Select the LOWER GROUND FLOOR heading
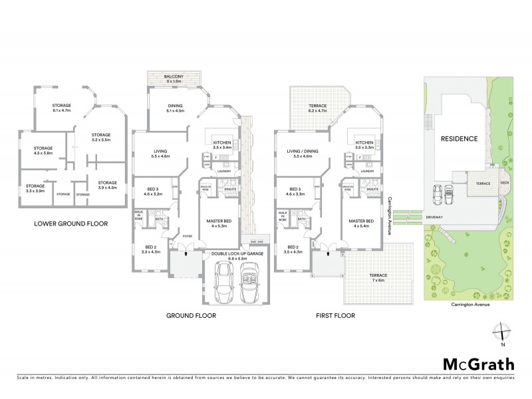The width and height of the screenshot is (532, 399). pos(71,224)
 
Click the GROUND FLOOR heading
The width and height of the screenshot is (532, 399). pos(191,316)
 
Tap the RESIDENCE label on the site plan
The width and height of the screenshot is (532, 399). pos(459,139)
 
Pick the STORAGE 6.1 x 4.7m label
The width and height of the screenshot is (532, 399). pos(62,108)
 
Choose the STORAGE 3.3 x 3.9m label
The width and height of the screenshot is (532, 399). pos(35,188)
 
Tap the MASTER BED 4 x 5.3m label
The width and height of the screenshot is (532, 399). pos(218,223)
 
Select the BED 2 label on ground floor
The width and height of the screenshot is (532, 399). pos(151,249)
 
